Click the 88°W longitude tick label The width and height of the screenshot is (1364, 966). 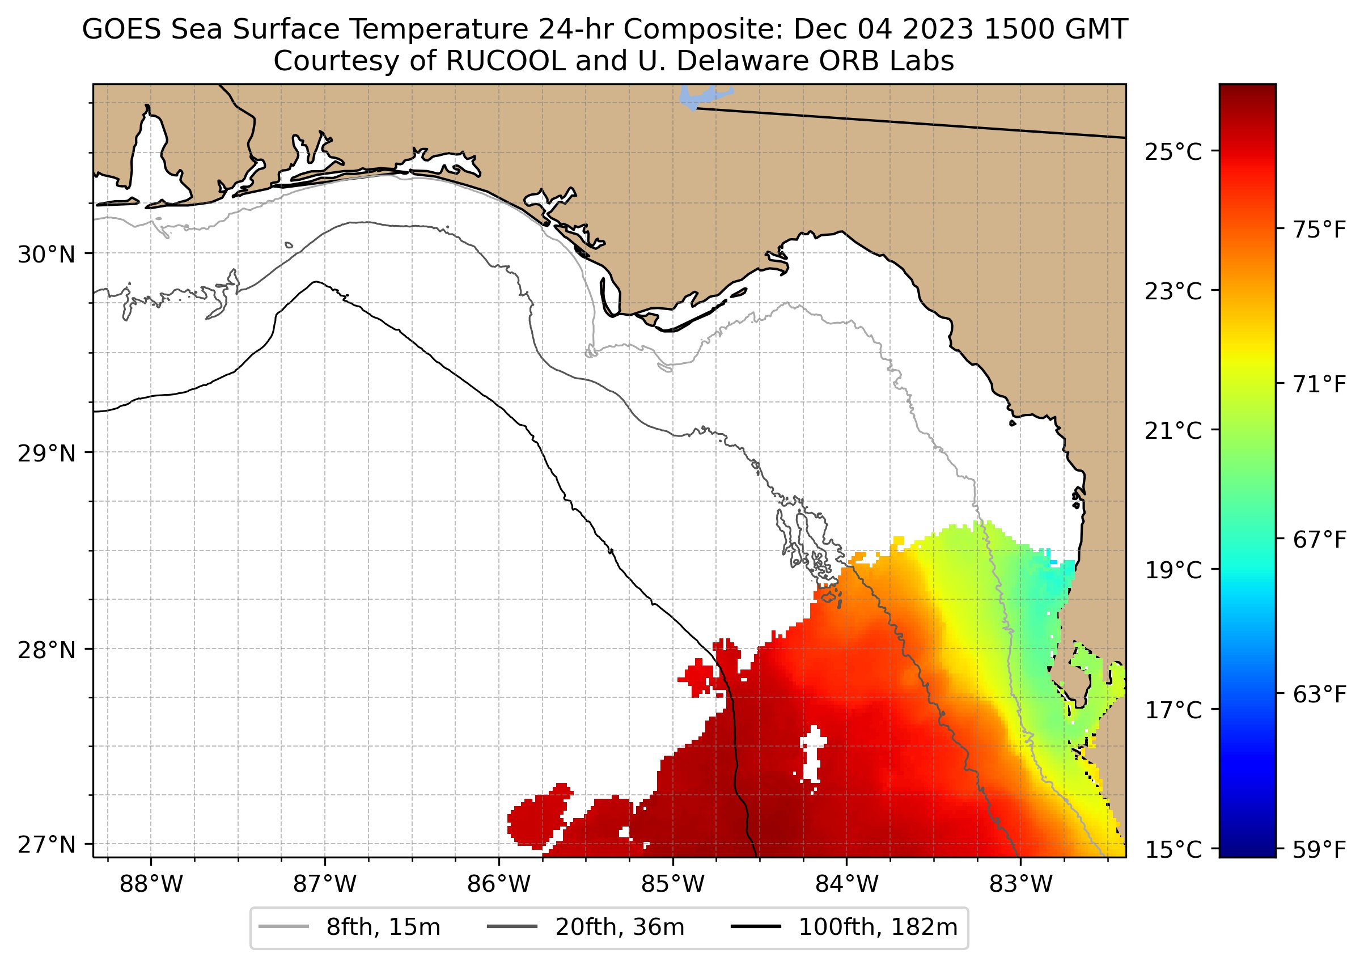point(151,884)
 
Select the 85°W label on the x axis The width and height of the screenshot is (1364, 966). point(673,884)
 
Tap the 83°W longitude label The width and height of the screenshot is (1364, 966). point(1021,884)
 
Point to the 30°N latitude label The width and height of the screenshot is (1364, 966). point(47,255)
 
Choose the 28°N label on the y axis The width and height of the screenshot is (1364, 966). point(47,650)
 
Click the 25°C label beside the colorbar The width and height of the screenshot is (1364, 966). point(1173,152)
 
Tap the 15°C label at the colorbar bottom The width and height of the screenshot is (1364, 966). point(1173,849)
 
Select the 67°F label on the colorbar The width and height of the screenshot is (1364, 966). point(1319,540)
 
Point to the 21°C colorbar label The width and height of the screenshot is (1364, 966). point(1173,431)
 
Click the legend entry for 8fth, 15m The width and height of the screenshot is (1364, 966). point(383,927)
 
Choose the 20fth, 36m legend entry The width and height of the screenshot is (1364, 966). point(619,927)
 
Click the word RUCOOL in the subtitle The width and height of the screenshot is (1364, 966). point(505,61)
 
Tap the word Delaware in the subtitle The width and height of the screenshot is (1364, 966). point(744,61)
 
